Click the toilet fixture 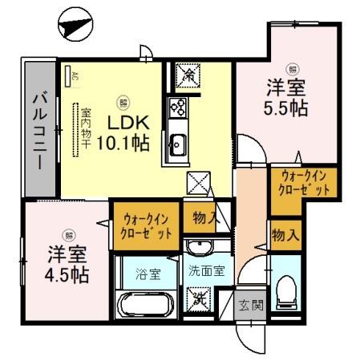pyautogui.click(x=285, y=294)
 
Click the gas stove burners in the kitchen pyautogui.click(x=177, y=107)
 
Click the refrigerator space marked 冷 pyautogui.click(x=190, y=75)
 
